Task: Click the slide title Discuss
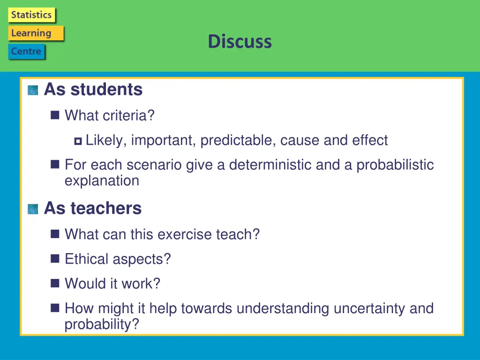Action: pos(240,41)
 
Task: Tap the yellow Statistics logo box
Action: pos(31,15)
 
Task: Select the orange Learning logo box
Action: pos(36,33)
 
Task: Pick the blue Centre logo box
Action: pos(27,52)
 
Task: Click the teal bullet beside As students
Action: pos(33,90)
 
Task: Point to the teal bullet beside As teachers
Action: pos(33,209)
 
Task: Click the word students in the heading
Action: pos(106,90)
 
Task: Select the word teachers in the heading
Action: pos(106,208)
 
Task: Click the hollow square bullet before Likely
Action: pos(78,141)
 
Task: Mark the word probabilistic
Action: pos(395,165)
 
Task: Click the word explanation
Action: pos(102,180)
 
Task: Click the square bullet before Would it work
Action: pos(55,283)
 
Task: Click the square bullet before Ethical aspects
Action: pos(55,259)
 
